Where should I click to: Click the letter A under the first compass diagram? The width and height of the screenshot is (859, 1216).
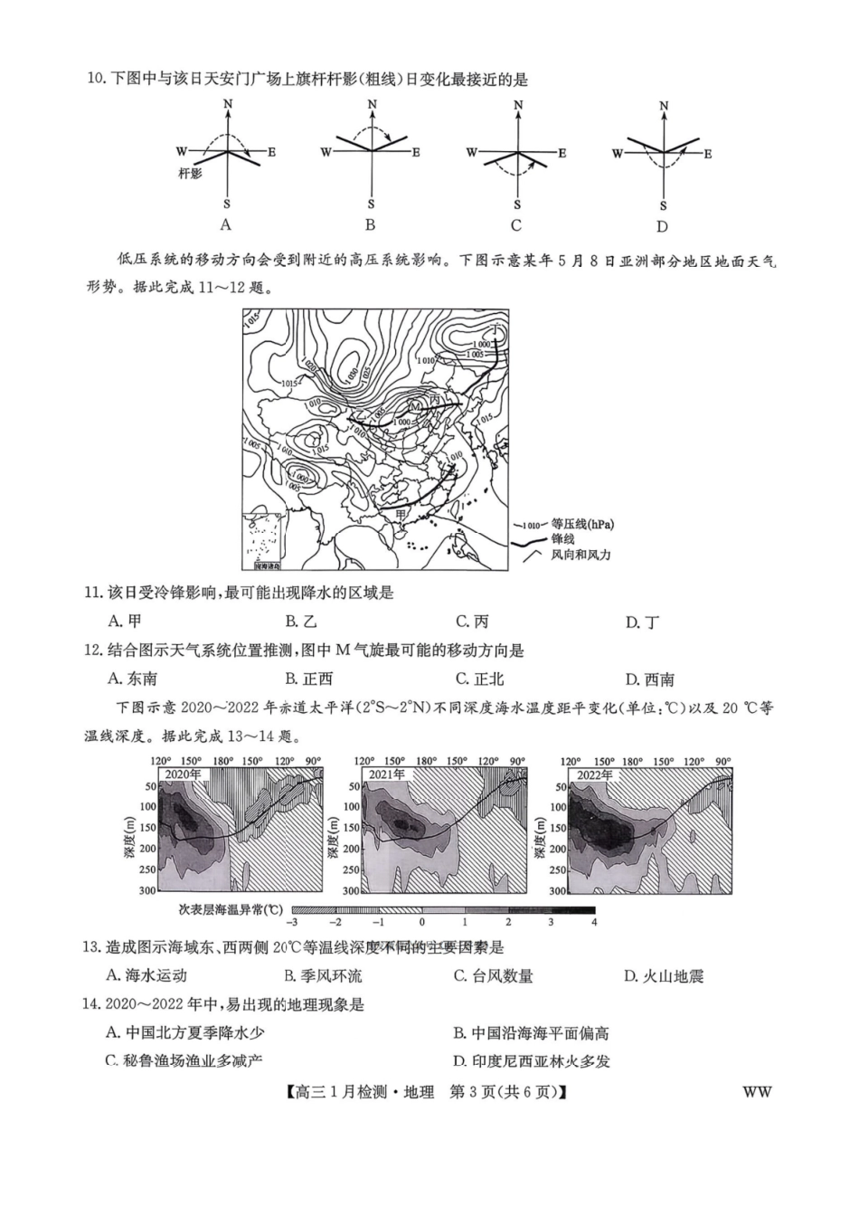[226, 225]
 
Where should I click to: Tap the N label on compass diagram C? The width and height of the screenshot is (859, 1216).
[518, 106]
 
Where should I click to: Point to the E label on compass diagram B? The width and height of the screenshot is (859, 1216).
[416, 152]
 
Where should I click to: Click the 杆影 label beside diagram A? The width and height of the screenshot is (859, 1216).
[190, 173]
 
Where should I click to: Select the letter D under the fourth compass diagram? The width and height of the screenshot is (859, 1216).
[662, 227]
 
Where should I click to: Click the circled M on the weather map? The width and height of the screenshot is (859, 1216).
[415, 407]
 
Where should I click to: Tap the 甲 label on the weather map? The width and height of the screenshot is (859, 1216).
[400, 514]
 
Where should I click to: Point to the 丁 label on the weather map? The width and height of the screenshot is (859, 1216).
[496, 328]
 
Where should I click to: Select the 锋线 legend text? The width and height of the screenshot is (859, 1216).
[562, 539]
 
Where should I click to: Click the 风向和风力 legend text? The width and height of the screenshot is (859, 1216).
[581, 554]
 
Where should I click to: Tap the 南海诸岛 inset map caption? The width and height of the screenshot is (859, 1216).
[267, 565]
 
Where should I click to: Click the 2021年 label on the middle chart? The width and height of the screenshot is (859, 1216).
[387, 774]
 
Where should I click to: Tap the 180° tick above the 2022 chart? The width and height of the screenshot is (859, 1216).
[632, 762]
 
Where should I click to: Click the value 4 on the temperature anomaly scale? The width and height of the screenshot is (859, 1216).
[594, 922]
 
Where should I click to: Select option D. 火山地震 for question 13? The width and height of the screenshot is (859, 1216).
[663, 976]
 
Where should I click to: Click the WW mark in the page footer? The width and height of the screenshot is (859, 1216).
[757, 1092]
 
